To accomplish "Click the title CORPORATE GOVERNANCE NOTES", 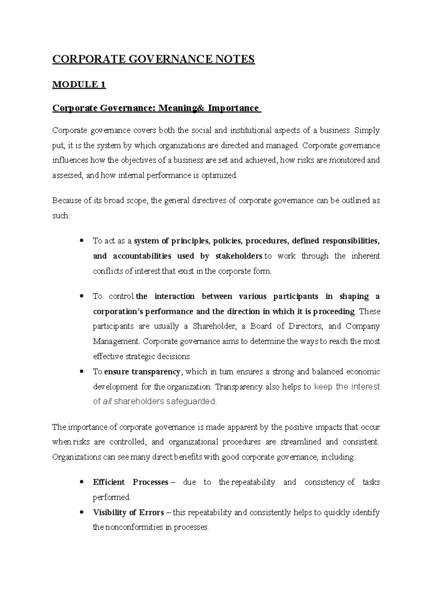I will pos(153,59).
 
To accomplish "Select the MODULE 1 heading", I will pos(79,85).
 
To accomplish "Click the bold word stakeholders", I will pos(238,256).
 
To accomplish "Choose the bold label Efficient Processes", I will pos(130,482).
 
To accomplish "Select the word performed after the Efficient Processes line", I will pos(111,497).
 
